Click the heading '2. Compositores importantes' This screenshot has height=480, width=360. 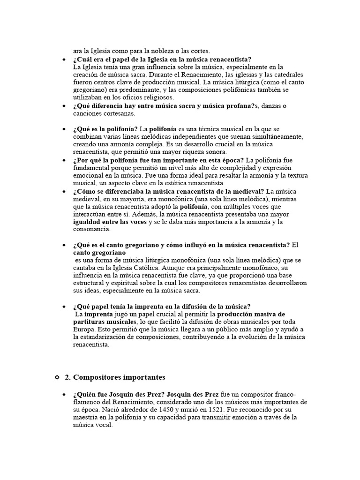(115, 377)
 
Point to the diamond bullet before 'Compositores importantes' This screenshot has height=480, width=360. (57, 377)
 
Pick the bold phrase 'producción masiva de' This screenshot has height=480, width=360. (258, 314)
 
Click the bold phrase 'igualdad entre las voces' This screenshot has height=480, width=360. (110, 222)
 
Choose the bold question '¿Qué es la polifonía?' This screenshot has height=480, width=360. (105, 128)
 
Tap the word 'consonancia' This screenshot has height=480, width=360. (91, 229)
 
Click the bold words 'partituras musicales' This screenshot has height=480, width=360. (104, 322)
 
